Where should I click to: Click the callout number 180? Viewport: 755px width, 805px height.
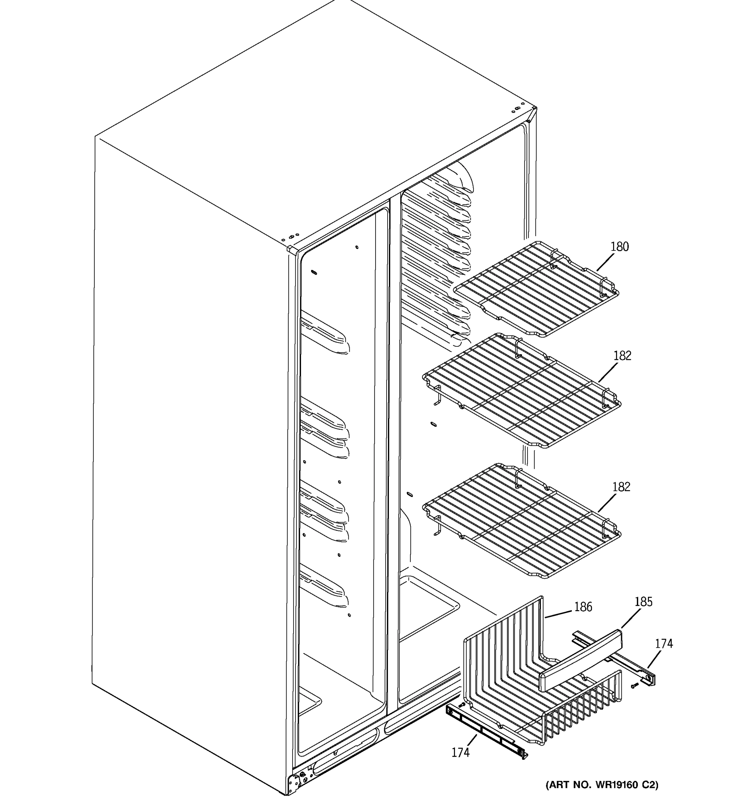point(619,247)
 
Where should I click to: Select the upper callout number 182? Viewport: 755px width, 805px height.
point(622,356)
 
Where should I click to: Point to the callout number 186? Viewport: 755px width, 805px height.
point(583,606)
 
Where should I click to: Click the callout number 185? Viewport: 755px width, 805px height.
point(643,602)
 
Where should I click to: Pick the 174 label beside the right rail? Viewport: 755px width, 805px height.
point(664,643)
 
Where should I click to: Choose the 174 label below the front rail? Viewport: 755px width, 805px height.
point(460,752)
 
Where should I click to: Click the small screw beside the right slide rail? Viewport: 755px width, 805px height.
point(634,685)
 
